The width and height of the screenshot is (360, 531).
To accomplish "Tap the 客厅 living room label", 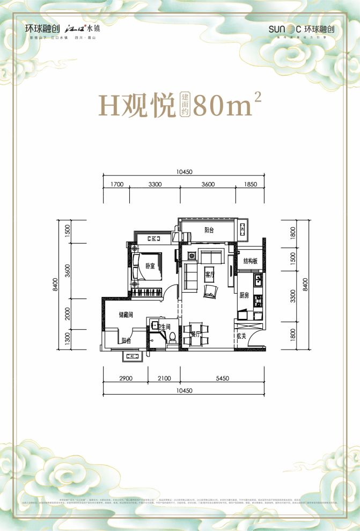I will (209, 274).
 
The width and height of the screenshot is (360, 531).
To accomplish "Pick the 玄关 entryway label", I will (241, 337).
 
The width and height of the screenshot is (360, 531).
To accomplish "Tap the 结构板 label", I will (251, 261).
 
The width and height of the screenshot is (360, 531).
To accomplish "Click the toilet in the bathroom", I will (172, 337).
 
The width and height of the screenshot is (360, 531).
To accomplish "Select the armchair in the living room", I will (210, 290).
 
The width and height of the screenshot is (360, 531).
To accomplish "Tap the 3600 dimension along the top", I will (208, 184).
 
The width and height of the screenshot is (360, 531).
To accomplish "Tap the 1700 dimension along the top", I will (117, 184).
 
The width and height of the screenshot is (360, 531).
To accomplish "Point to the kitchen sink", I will (259, 279).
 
